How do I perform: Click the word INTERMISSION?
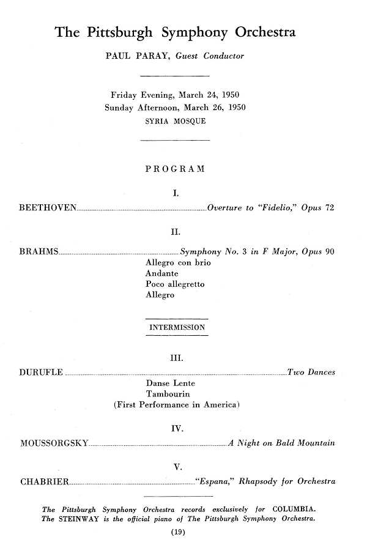click(x=177, y=327)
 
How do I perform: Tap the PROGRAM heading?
click(x=175, y=169)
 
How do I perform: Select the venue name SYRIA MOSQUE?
click(x=176, y=121)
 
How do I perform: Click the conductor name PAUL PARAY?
click(x=137, y=56)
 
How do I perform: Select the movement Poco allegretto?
click(x=175, y=284)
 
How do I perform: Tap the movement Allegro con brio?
click(x=178, y=262)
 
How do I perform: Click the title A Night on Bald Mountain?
click(x=281, y=443)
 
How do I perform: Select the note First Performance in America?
click(x=176, y=405)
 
